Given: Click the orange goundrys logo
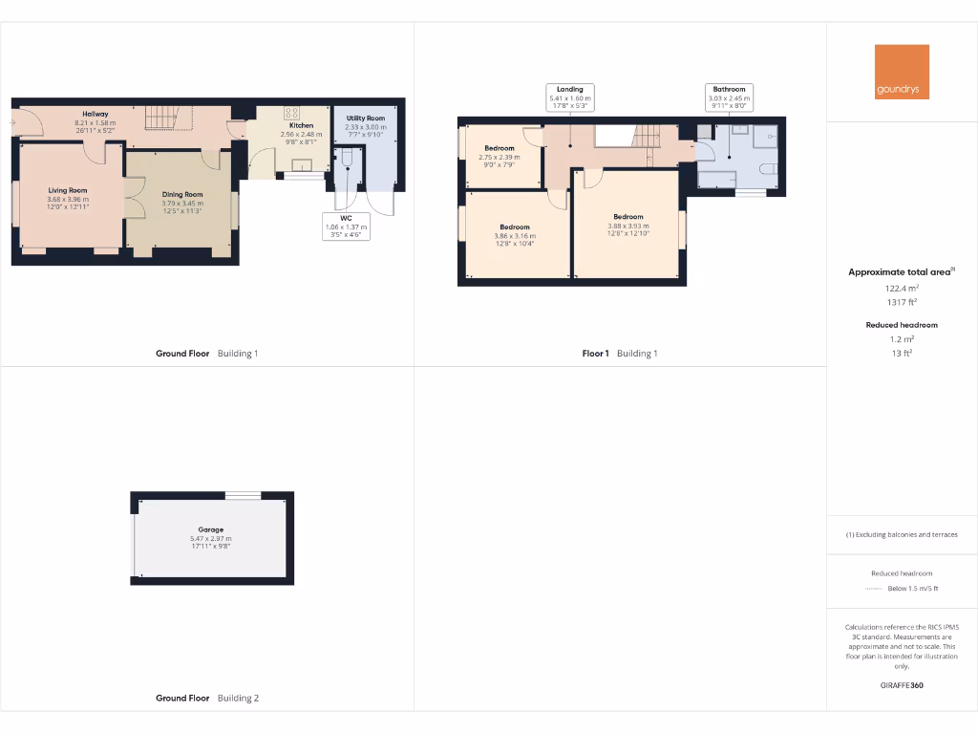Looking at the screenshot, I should [902, 72].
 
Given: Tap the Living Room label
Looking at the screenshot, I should [68, 190].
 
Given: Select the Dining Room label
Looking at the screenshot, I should [181, 194].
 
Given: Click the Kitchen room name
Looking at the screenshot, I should [302, 125].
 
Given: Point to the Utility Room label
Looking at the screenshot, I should [365, 119].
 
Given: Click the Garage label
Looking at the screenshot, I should [211, 529].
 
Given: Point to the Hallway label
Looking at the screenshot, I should [95, 115].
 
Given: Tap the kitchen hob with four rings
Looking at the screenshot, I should [291, 111].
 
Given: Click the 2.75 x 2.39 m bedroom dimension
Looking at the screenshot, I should [500, 157].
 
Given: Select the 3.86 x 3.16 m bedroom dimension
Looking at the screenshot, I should [515, 236].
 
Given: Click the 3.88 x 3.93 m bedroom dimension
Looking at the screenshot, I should [627, 226].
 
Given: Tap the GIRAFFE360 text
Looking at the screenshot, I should [902, 685].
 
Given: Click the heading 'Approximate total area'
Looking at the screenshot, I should [900, 272].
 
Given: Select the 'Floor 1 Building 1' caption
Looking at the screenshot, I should [620, 354].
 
